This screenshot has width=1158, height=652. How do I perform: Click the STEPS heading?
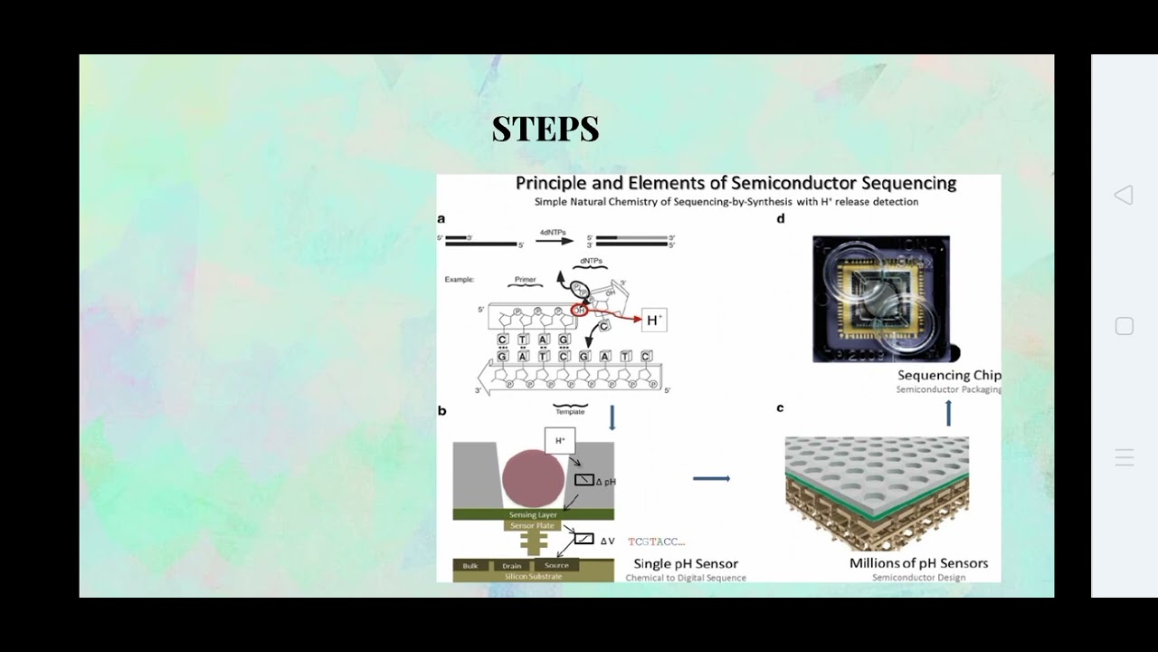(x=546, y=129)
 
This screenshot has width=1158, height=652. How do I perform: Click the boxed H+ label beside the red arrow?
(x=654, y=320)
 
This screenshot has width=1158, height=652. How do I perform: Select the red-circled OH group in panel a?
(x=579, y=311)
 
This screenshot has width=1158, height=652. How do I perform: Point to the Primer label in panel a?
(x=525, y=280)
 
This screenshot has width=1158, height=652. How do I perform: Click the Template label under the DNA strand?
(x=570, y=411)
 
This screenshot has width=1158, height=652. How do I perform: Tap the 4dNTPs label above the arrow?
(x=552, y=233)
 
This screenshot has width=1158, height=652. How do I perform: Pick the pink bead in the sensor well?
(x=533, y=478)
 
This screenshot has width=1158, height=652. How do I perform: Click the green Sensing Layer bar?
(x=533, y=514)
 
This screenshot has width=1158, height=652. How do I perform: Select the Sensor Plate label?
(x=533, y=525)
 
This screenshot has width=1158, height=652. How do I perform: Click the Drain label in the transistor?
(x=512, y=566)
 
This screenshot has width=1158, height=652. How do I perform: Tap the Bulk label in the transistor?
(x=470, y=566)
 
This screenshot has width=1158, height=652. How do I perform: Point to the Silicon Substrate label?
(x=533, y=576)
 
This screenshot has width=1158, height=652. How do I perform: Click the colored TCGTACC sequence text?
(x=656, y=542)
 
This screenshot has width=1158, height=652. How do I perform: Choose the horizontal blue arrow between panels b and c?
(x=711, y=478)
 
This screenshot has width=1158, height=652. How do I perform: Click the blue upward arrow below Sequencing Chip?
(x=948, y=414)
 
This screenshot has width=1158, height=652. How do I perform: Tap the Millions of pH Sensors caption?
(x=918, y=563)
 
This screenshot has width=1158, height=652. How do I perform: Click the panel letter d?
(x=780, y=218)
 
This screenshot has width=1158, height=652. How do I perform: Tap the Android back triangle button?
(x=1124, y=195)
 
